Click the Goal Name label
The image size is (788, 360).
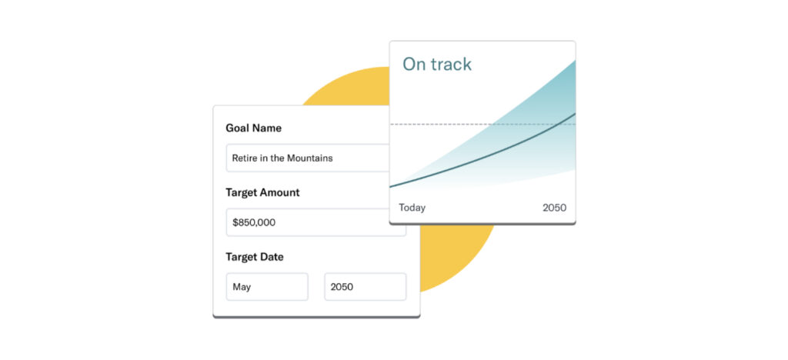(x=253, y=128)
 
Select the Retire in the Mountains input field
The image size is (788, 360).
(x=308, y=158)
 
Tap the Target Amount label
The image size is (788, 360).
(x=262, y=192)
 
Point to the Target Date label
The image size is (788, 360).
(x=254, y=257)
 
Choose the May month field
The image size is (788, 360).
(x=267, y=287)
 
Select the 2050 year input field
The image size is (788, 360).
(x=366, y=287)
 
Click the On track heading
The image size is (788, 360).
(x=437, y=65)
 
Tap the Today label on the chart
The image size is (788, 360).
(x=412, y=208)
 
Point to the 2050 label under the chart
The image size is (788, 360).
(x=554, y=208)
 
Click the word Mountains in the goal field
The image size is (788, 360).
(x=310, y=158)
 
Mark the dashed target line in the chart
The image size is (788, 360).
(x=482, y=124)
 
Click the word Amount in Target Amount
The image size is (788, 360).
(x=280, y=192)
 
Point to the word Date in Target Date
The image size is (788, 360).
(x=272, y=257)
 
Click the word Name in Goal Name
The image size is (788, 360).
(x=267, y=128)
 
